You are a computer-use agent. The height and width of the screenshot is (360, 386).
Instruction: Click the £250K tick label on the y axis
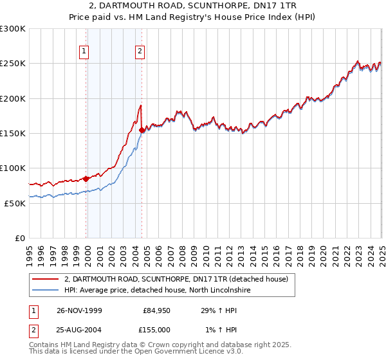[13, 64]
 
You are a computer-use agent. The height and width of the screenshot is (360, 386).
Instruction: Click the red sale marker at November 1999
[86, 179]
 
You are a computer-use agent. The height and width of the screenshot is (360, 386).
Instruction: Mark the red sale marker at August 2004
[142, 130]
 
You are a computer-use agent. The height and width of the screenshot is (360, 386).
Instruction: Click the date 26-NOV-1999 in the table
[79, 310]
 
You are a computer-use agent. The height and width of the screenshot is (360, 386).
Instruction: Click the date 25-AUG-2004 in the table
[79, 329]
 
